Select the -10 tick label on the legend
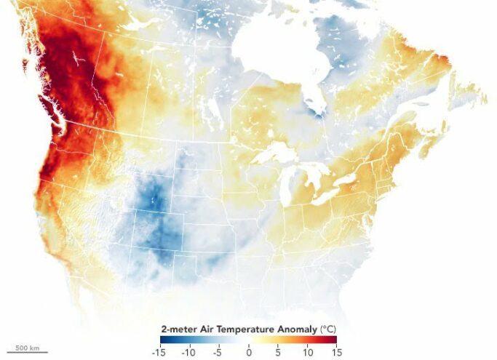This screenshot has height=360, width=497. [190, 352]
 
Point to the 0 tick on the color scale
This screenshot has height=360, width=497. [249, 352]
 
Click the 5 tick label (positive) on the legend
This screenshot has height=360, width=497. [278, 352]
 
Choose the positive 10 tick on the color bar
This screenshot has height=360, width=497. [307, 352]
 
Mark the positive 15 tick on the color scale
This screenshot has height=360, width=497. [336, 352]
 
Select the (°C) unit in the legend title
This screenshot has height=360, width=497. [328, 329]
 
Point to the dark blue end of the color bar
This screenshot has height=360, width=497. [164, 340]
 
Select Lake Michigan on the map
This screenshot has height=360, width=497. [286, 185]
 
